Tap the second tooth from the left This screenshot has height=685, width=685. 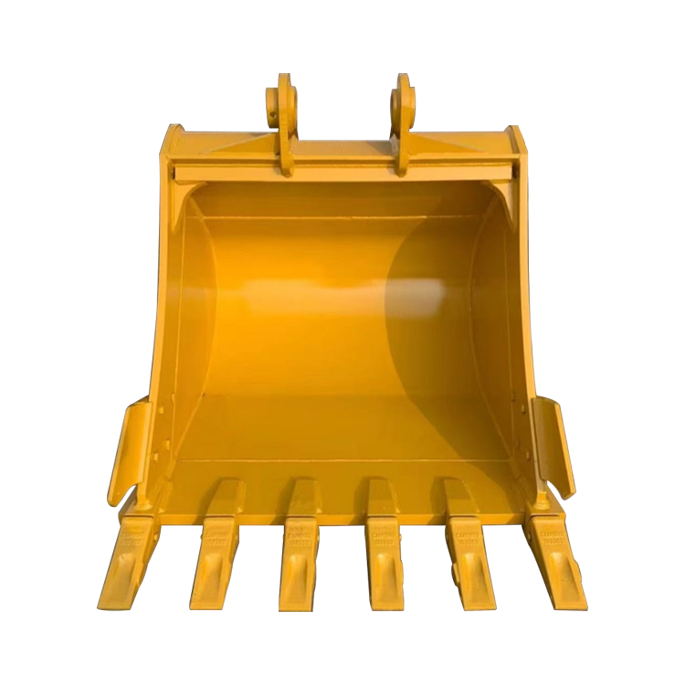pos(216,562)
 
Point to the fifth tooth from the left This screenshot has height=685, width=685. pos(465,562)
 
